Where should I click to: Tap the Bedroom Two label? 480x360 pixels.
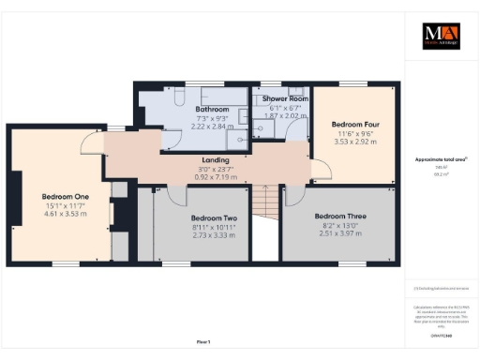pos(187,218)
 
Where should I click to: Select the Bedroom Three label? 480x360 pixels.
pos(339,216)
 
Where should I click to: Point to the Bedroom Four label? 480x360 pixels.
pos(355,123)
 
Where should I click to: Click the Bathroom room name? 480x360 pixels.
pos(210,109)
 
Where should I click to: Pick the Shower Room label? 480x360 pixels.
pos(285,98)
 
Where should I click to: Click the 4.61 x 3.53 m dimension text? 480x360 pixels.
pos(65,214)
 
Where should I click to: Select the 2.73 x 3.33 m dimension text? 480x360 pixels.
pos(187,235)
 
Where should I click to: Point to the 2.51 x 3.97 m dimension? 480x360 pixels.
pos(339,232)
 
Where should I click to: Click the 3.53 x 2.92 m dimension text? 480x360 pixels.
pos(355,142)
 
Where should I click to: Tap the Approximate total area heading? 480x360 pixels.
pos(442,159)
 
